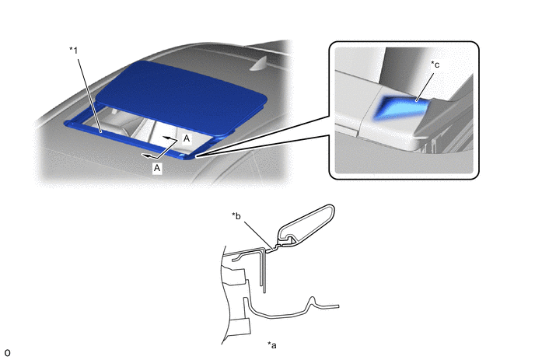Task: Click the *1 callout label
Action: click(74, 51)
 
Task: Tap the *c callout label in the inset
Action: click(435, 65)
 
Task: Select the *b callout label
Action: click(236, 215)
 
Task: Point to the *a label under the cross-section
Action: click(272, 345)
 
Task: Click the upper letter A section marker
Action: click(187, 138)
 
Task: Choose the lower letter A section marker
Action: click(157, 168)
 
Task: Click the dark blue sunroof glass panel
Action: click(181, 96)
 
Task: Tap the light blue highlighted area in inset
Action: click(401, 107)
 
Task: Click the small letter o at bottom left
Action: click(7, 353)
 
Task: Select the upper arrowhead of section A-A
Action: click(166, 138)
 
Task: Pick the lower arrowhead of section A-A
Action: click(145, 156)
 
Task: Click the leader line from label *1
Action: click(89, 95)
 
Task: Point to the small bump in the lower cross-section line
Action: click(312, 302)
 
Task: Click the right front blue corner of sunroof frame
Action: click(187, 156)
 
